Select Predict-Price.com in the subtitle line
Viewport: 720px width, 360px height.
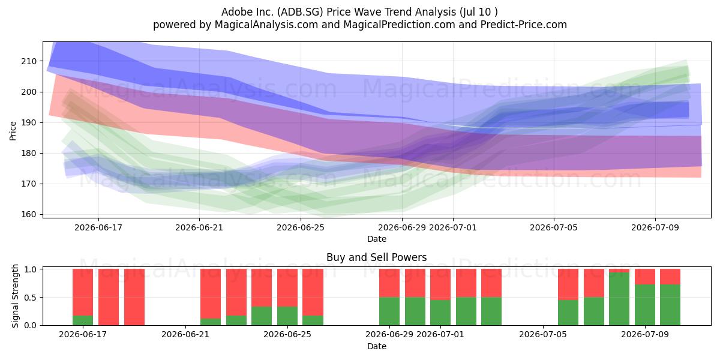point(524,25)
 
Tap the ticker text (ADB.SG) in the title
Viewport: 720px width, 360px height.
point(300,12)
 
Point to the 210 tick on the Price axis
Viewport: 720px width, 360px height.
point(29,61)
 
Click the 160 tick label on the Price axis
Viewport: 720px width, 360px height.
point(29,214)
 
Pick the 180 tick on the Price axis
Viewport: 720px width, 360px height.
point(29,154)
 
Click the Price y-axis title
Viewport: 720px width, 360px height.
point(13,131)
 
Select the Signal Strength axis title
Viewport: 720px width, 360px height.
point(15,296)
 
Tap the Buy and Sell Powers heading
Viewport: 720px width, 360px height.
point(376,257)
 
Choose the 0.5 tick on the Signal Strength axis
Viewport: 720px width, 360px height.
point(31,298)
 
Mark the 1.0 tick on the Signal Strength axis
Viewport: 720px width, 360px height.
point(31,269)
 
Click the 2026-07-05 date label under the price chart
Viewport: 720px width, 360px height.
point(553,227)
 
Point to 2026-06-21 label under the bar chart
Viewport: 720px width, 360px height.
point(185,334)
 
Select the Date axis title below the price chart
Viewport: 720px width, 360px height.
point(377,239)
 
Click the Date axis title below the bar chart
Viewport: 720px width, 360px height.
point(377,346)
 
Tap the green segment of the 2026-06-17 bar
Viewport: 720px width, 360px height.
point(83,320)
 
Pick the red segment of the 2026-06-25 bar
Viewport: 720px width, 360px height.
point(287,287)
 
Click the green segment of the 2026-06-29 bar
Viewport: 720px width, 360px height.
point(389,311)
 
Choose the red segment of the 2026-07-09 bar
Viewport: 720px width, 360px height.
point(645,277)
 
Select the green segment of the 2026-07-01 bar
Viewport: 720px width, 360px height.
point(440,313)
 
